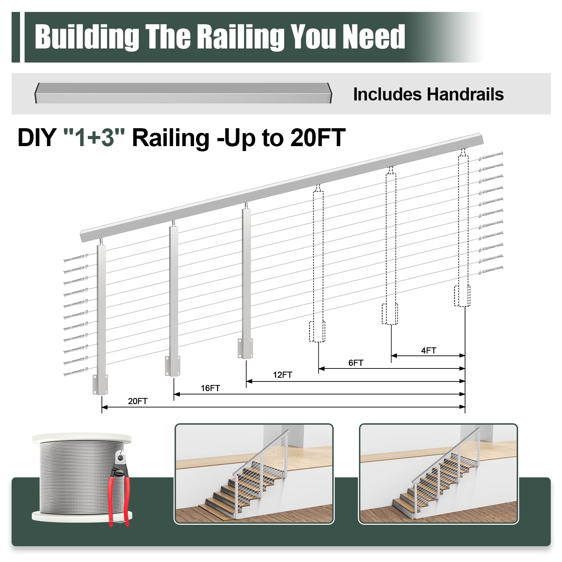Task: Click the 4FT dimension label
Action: pyautogui.click(x=429, y=350)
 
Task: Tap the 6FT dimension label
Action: pyautogui.click(x=355, y=363)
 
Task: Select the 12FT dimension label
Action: pyautogui.click(x=282, y=375)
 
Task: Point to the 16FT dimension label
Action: pyautogui.click(x=210, y=388)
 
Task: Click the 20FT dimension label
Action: pyautogui.click(x=138, y=401)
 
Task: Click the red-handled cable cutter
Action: pyautogui.click(x=119, y=488)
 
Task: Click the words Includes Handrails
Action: pyautogui.click(x=428, y=94)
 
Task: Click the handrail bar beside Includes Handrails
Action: pyautogui.click(x=183, y=93)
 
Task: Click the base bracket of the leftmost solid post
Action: pyautogui.click(x=100, y=385)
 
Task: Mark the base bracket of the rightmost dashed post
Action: pyautogui.click(x=462, y=296)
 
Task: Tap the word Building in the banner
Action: pyautogui.click(x=87, y=37)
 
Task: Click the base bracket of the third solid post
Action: pyautogui.click(x=245, y=348)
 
